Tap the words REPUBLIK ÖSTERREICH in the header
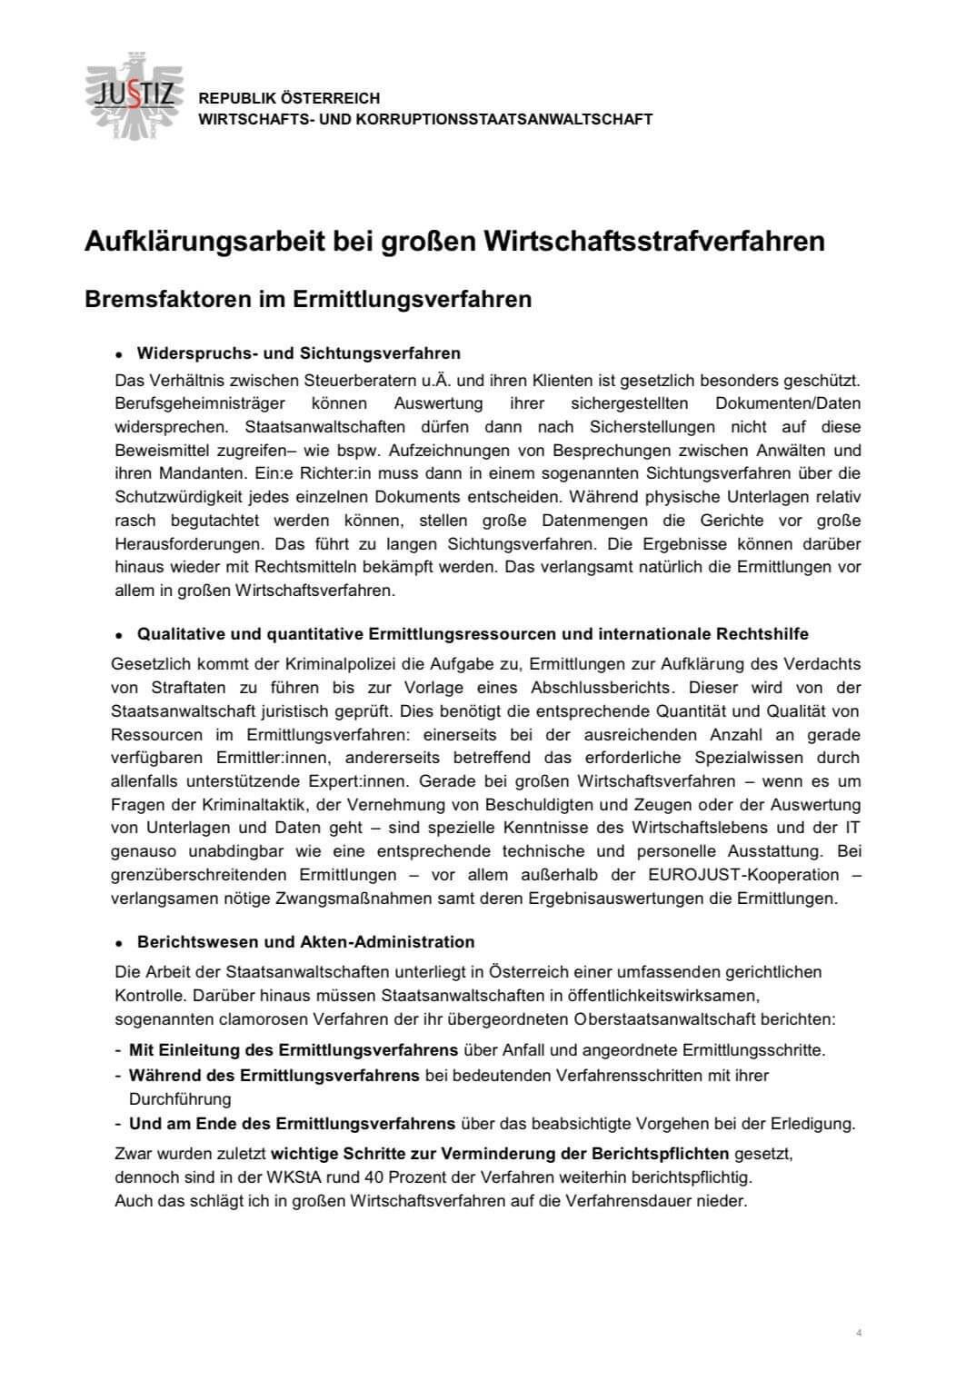tap(289, 98)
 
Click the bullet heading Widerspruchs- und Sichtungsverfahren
tap(298, 352)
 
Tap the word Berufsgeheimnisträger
tap(200, 402)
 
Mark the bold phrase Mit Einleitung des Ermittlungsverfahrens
tap(294, 1050)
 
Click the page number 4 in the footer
tap(859, 1333)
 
